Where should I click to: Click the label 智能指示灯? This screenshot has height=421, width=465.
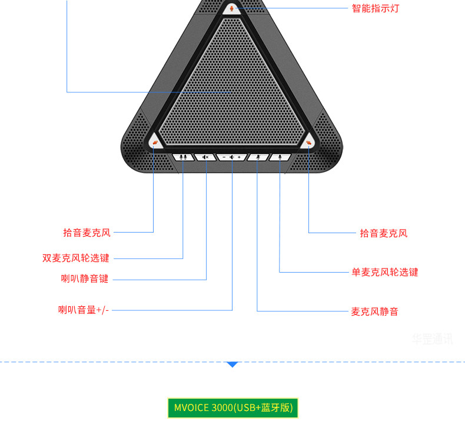click(x=375, y=9)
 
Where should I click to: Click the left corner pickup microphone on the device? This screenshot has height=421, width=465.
click(x=155, y=142)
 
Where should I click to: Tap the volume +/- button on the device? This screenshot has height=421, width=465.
click(x=232, y=157)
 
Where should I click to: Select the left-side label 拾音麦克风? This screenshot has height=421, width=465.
click(x=87, y=233)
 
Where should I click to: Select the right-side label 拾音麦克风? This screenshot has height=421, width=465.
click(x=383, y=233)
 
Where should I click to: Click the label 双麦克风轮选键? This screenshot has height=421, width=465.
click(x=75, y=258)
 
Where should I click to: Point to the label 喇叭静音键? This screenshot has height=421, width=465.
click(x=85, y=279)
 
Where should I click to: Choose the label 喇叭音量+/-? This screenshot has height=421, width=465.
click(x=83, y=310)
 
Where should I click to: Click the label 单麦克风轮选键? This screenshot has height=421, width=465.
click(x=385, y=272)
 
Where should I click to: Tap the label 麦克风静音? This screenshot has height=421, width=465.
click(x=374, y=311)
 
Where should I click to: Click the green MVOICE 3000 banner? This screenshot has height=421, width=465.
click(x=232, y=407)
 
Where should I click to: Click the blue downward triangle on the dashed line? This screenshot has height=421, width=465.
click(x=232, y=365)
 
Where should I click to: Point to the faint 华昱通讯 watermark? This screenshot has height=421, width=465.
click(x=432, y=339)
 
